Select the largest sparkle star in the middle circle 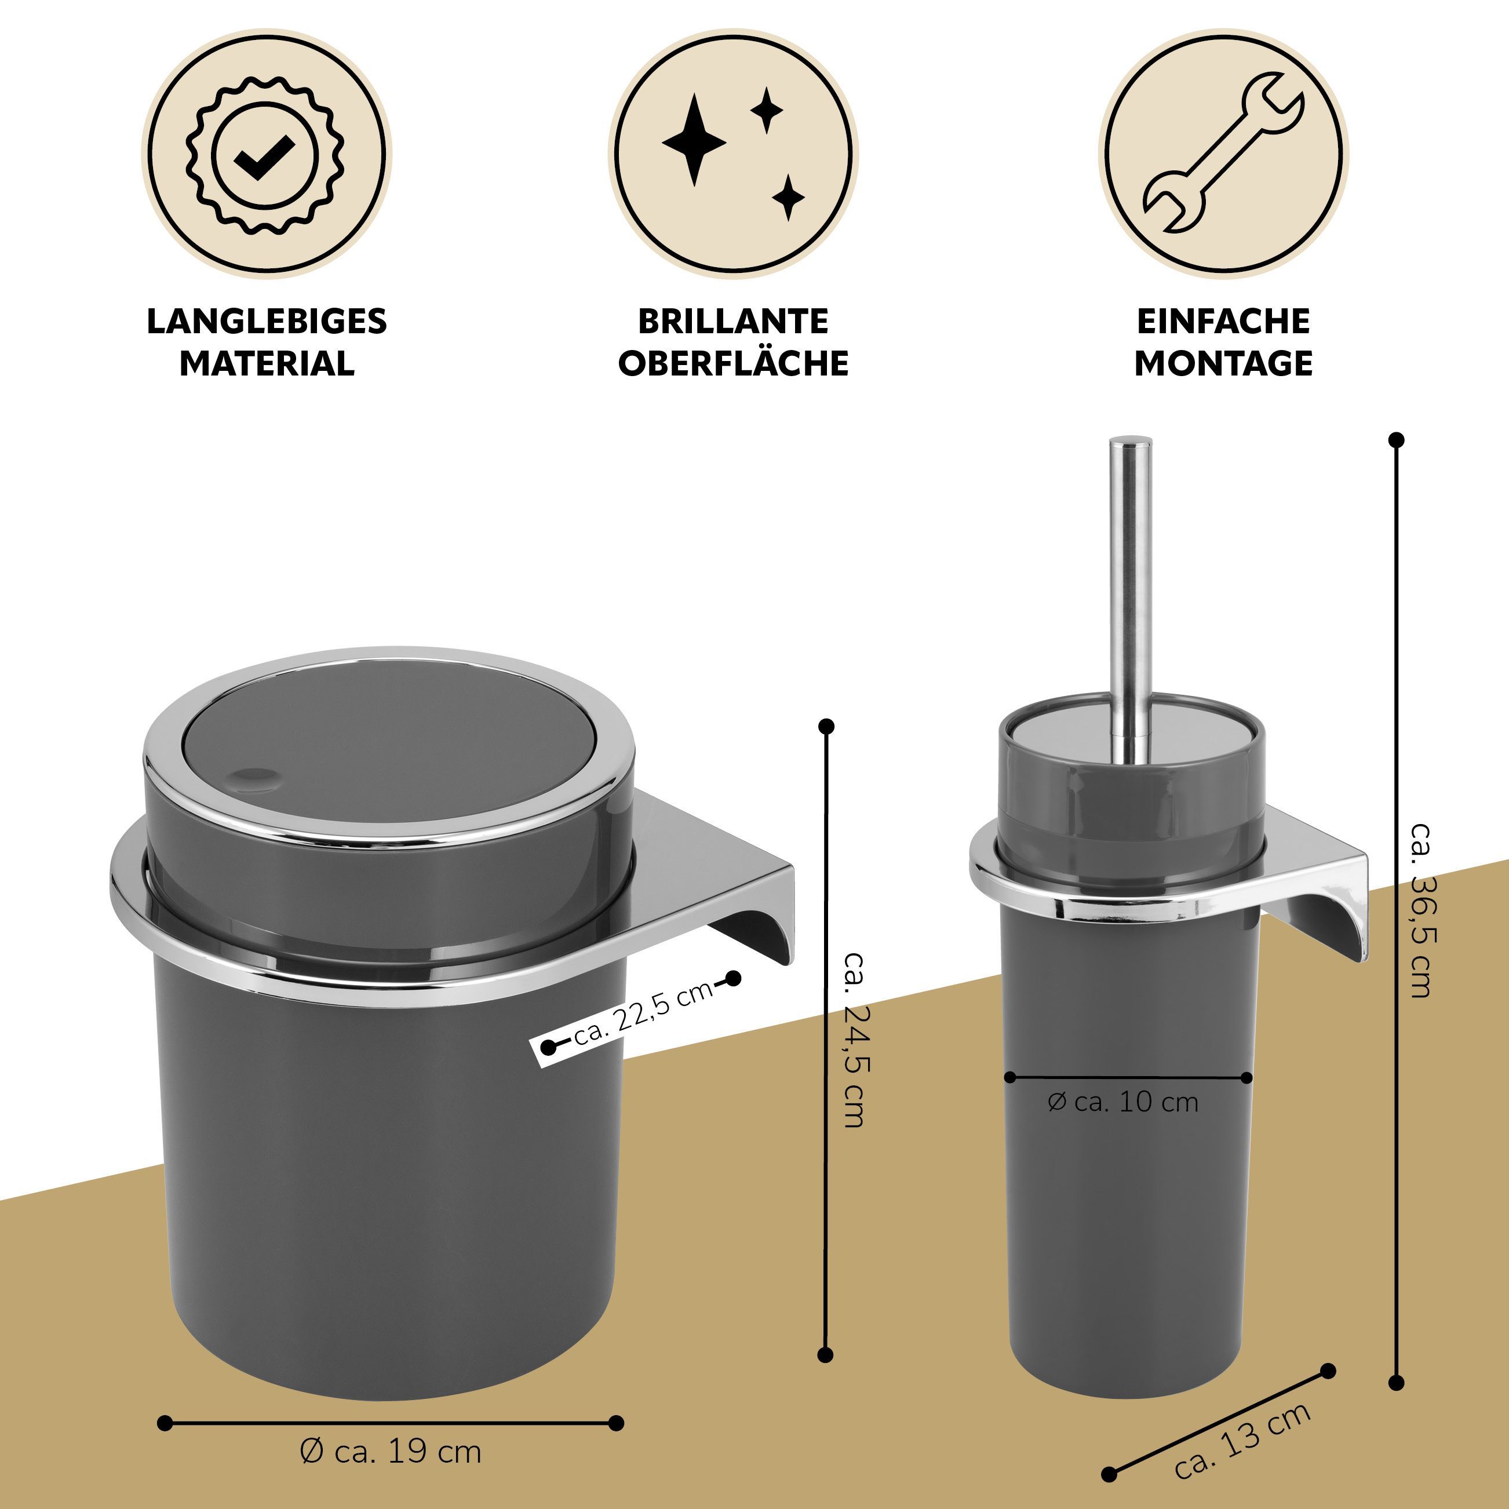pyautogui.click(x=694, y=141)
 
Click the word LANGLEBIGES pyautogui.click(x=267, y=321)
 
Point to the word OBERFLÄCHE pyautogui.click(x=734, y=363)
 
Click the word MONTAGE pyautogui.click(x=1224, y=363)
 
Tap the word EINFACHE pyautogui.click(x=1224, y=321)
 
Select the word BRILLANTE pyautogui.click(x=734, y=321)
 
